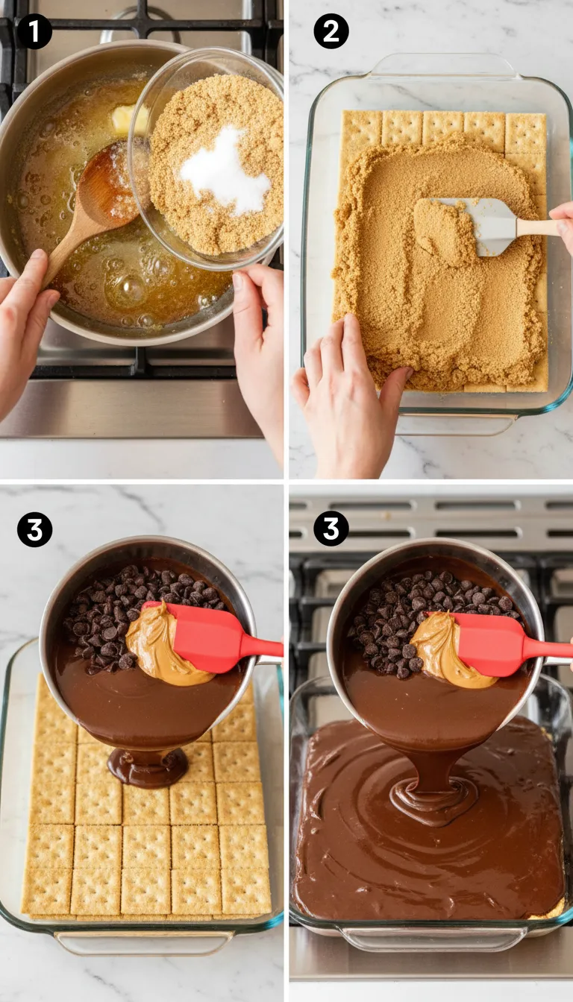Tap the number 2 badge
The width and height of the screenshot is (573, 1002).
[331, 31]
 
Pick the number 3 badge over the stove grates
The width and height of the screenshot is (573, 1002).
[331, 529]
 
